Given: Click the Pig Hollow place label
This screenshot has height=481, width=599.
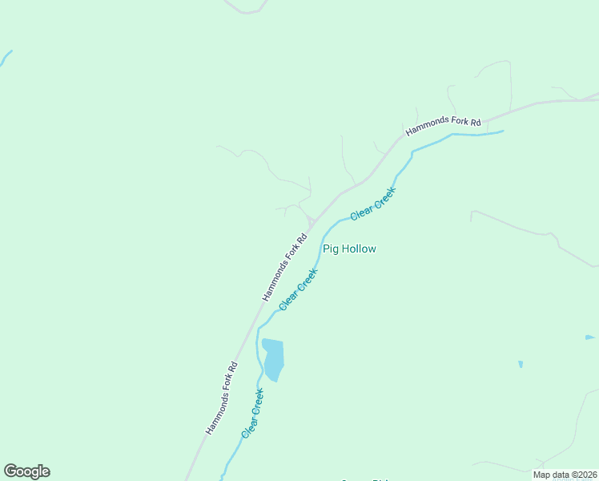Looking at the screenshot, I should click(349, 249).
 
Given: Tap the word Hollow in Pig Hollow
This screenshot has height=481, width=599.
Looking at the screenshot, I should click(359, 249).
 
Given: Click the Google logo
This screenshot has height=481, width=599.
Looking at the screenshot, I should click(26, 471).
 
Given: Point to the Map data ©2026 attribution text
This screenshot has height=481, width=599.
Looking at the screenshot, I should click(564, 475).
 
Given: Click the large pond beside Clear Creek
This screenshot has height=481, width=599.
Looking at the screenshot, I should click(273, 359).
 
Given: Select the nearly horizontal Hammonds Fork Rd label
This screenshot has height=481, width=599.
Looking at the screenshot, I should click(443, 126).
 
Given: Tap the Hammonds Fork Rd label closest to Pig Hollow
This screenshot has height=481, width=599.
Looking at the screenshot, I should click(285, 267).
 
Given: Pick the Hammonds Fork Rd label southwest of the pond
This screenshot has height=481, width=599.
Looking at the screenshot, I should click(222, 398).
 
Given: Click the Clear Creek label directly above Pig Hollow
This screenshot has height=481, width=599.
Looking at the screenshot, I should click(373, 204).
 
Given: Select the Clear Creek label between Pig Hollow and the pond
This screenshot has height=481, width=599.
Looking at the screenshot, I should click(299, 289).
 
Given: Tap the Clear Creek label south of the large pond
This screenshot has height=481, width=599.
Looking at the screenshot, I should click(253, 413).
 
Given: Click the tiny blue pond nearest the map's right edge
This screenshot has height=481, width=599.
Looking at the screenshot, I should click(589, 338).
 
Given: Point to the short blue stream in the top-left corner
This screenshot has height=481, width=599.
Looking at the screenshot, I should click(6, 57).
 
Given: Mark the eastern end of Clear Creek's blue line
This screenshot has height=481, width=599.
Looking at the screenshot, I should click(502, 131).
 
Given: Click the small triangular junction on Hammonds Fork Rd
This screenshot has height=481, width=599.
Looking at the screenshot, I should click(310, 222).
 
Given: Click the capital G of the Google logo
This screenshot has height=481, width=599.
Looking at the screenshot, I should click(10, 471).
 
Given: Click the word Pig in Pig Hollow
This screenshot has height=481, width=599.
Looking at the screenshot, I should click(330, 249).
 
